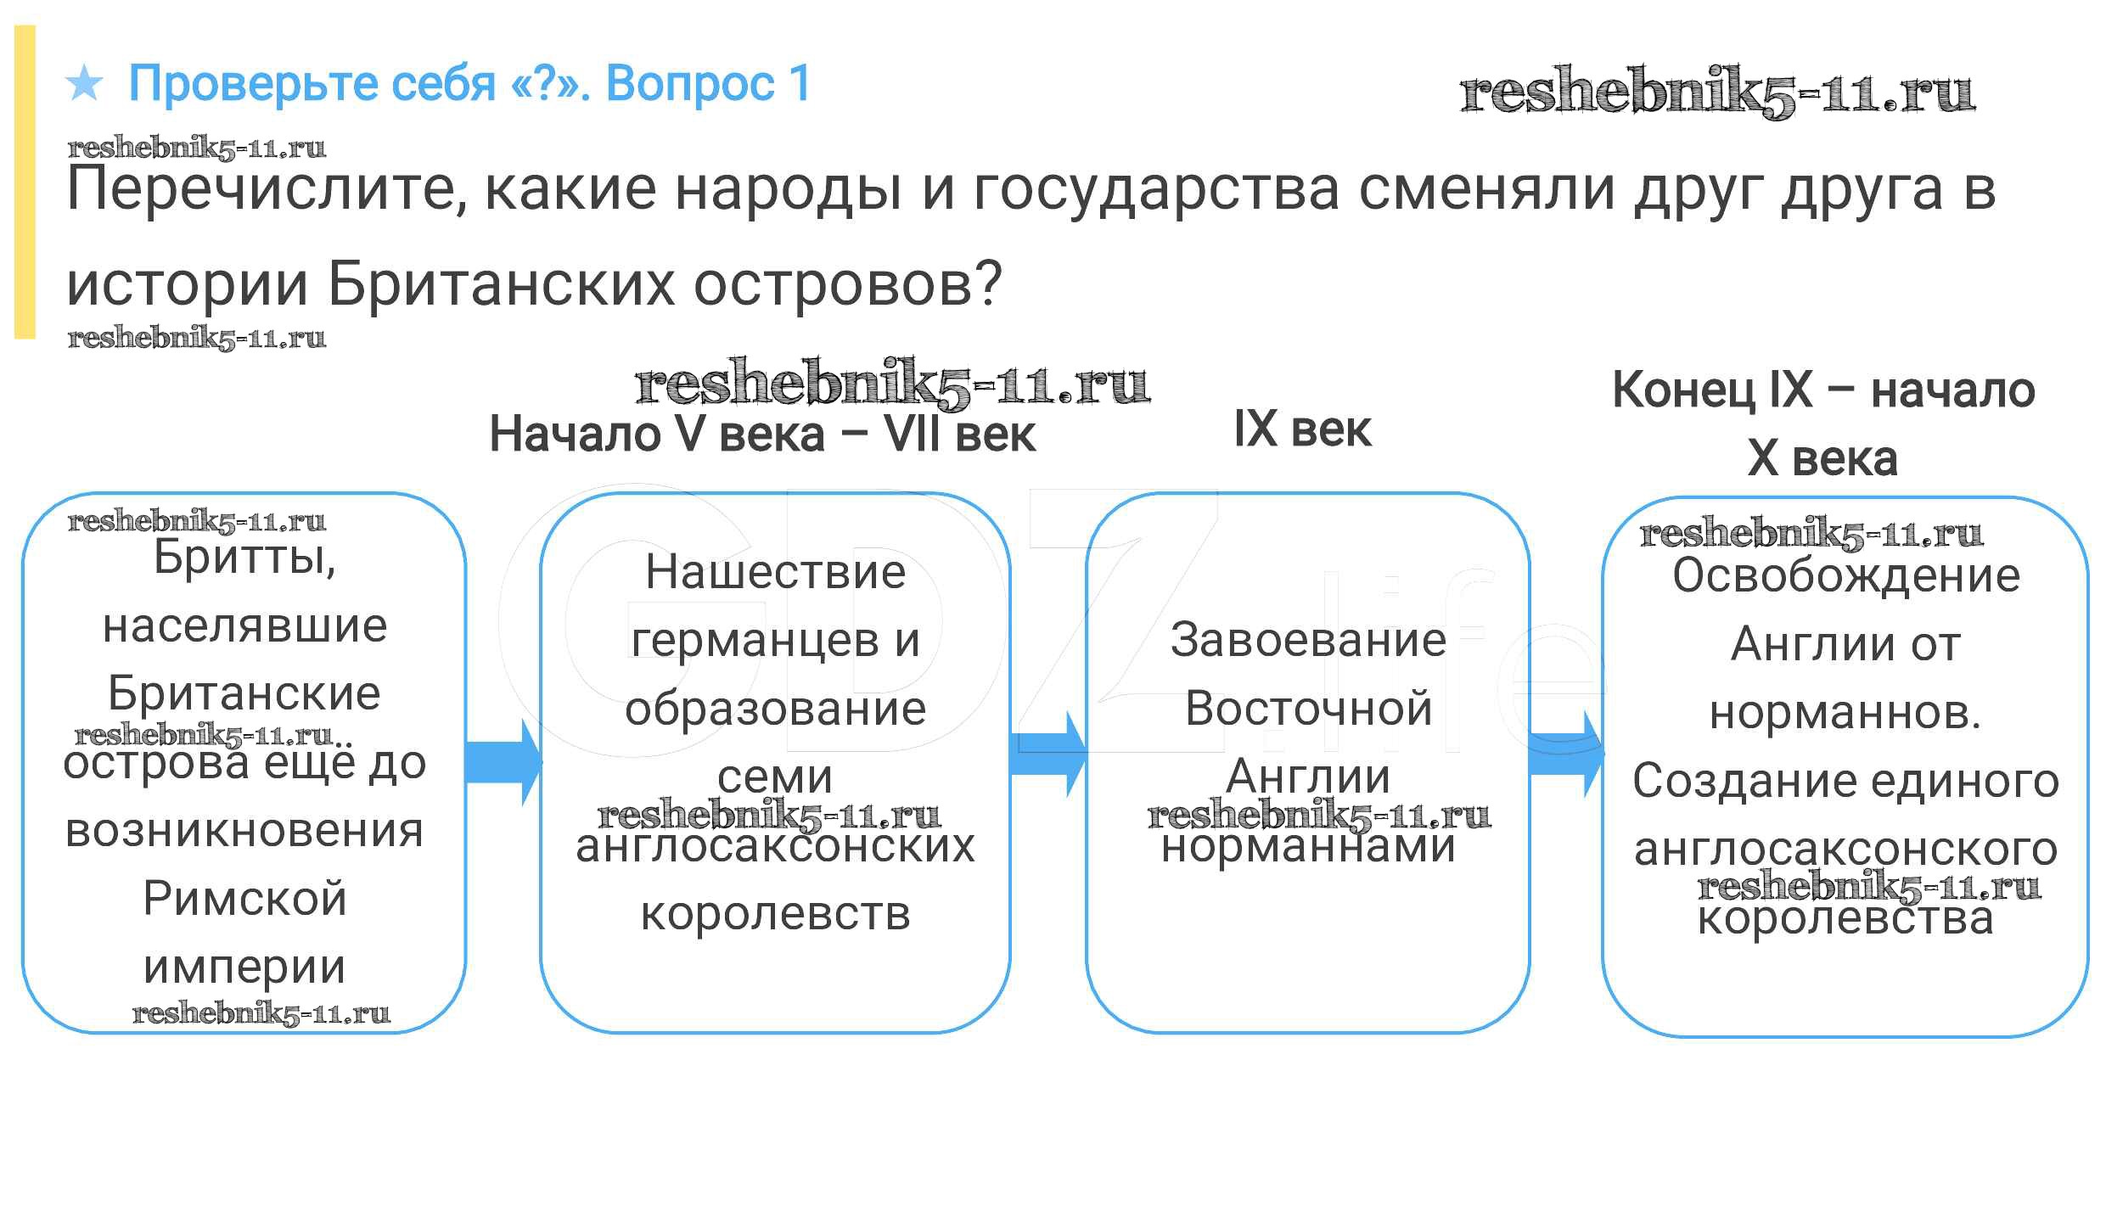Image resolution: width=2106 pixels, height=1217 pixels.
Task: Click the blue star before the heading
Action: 84,83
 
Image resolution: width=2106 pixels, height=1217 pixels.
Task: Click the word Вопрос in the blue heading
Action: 690,83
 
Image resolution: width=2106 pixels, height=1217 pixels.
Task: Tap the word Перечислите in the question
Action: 265,189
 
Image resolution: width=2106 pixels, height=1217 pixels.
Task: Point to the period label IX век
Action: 1301,429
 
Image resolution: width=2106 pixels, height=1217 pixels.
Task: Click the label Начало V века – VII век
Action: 762,434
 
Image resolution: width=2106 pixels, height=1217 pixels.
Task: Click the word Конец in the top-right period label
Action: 1682,390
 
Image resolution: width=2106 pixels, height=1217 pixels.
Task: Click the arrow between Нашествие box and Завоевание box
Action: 1048,754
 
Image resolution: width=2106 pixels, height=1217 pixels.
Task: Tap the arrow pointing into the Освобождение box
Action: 1566,754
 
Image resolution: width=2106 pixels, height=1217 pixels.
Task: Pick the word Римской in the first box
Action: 244,898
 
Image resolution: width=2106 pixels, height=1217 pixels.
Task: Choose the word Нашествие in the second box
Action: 775,572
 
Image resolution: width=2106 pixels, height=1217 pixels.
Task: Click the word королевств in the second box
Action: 775,914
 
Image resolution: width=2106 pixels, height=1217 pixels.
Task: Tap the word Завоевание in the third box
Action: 1308,640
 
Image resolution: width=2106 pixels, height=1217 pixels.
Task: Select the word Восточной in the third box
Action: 1308,708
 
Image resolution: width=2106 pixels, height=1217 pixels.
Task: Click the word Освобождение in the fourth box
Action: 1845,576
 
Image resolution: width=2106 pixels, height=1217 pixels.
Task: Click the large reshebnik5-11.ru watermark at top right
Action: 1716,92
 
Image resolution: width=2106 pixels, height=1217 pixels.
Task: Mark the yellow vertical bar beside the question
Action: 25,182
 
